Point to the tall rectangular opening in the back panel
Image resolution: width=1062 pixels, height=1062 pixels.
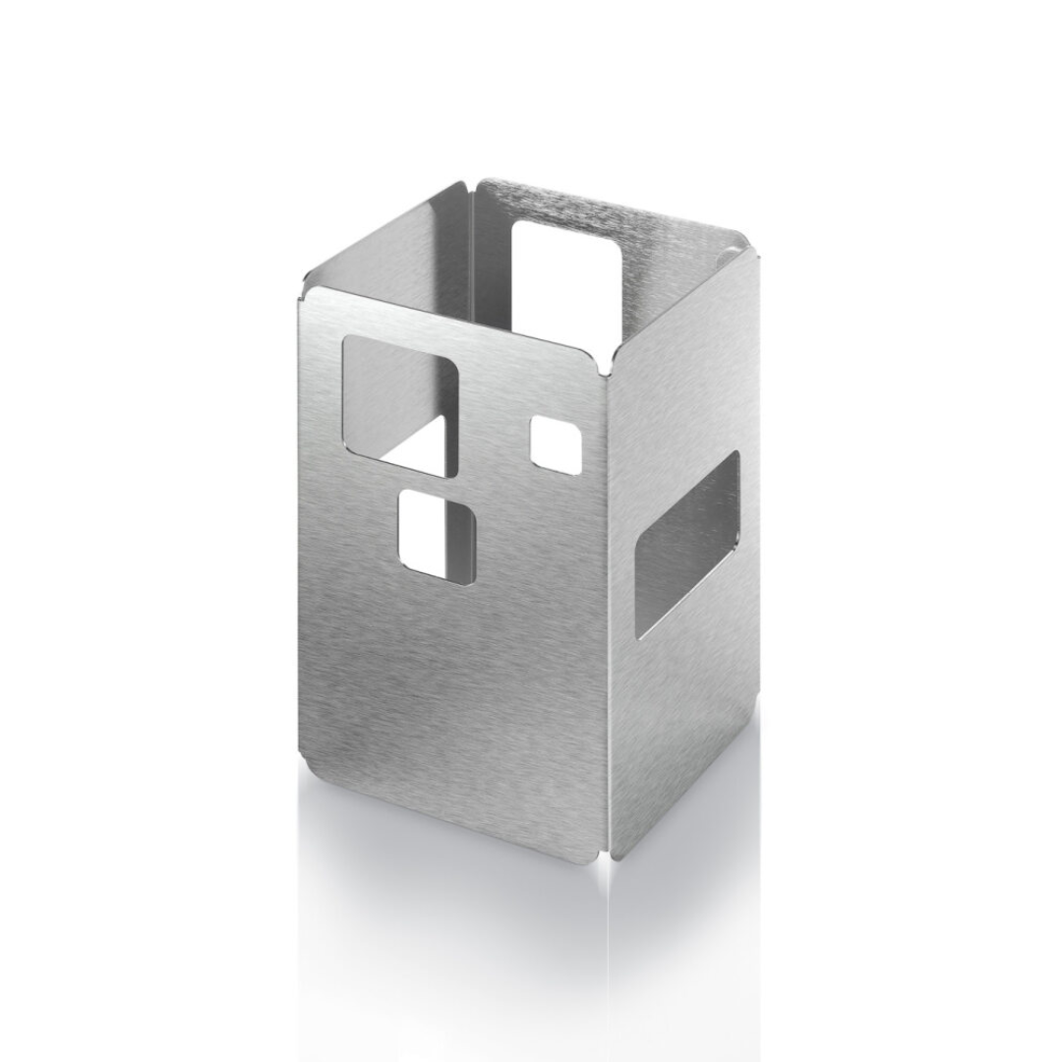[567, 280]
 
